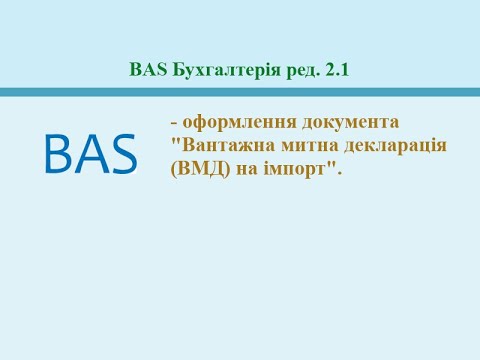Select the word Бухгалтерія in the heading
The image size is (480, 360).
(217, 70)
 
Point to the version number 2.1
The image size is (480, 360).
(338, 70)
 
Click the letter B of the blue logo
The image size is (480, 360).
(59, 153)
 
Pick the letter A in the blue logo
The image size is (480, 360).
(91, 153)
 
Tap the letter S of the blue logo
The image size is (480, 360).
(122, 153)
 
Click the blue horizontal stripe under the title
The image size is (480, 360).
(240, 92)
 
